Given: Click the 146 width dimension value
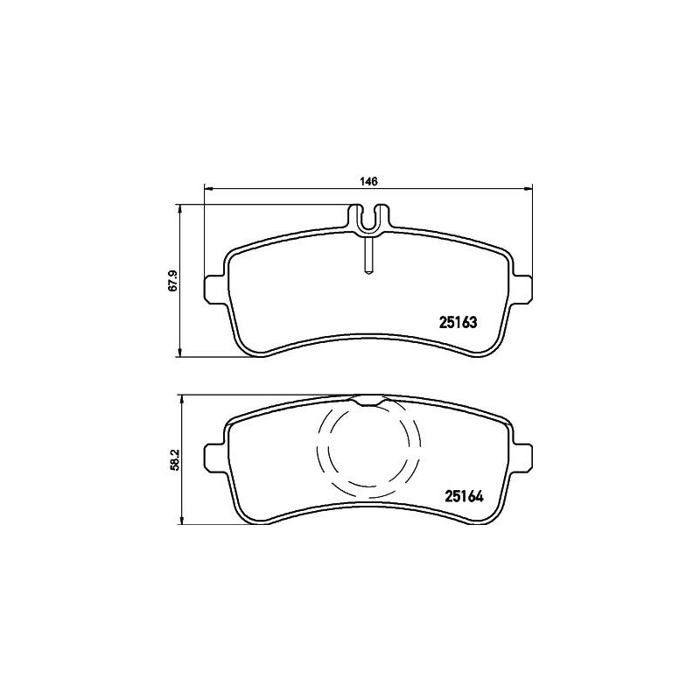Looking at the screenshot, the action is pos(368,181).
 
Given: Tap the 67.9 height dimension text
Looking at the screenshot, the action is pos(172,281).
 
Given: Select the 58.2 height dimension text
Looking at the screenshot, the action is pos(174,459).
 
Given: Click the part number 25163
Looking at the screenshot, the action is pos(458,322).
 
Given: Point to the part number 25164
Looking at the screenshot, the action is pos(464,497).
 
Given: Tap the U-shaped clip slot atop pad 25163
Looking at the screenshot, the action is pos(368,220).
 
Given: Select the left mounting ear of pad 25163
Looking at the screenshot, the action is pos(213,290).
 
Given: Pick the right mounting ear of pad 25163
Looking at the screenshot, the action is pos(522,290).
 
